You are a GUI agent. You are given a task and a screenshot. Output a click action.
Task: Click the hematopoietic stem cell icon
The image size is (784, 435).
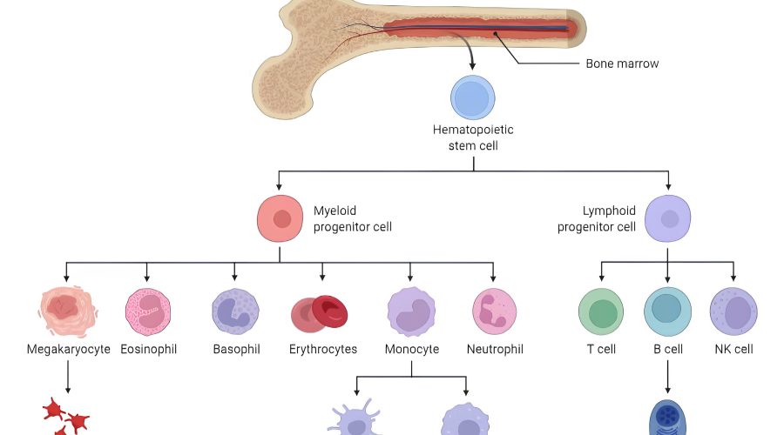(473, 97)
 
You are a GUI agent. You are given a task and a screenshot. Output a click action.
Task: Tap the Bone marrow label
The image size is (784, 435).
(622, 64)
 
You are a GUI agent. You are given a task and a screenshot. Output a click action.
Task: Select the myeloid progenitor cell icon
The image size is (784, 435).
(280, 218)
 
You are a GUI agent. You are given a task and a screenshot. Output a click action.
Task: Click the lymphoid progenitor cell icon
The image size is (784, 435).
(667, 218)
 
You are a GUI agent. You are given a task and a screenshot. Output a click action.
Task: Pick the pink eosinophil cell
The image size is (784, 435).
(147, 311)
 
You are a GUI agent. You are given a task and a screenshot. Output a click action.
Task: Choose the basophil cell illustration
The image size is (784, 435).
(235, 311)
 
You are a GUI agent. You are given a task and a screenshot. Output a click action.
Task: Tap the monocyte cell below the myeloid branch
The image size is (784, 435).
(411, 311)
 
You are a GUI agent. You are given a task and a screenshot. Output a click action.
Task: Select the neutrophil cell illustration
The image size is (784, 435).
(494, 311)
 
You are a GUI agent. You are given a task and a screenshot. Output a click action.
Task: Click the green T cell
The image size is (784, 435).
(601, 311)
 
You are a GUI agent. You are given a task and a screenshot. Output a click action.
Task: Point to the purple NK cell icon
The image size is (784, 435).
(733, 311)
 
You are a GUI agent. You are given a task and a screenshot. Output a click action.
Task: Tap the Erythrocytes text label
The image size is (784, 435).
(323, 350)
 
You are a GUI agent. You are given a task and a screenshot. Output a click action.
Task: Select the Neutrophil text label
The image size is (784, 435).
(495, 350)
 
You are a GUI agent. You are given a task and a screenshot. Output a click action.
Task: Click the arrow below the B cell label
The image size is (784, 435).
(667, 378)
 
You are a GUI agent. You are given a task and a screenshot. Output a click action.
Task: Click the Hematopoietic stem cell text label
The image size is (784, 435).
(473, 137)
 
